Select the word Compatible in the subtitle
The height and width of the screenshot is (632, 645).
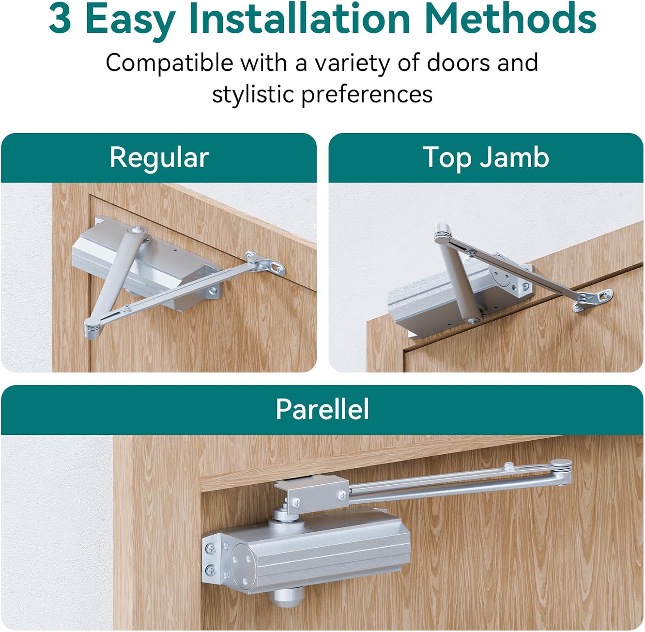pyautogui.click(x=169, y=63)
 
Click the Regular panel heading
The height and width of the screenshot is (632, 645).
pyautogui.click(x=159, y=158)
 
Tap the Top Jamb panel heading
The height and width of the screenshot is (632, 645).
pyautogui.click(x=486, y=158)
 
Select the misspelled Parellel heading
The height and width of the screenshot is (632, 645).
pyautogui.click(x=322, y=409)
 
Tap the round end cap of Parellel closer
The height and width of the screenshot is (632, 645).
pyautogui.click(x=243, y=560)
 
